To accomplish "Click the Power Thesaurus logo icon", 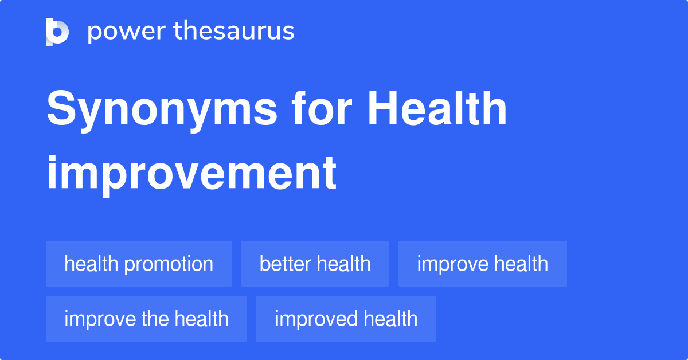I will [x=57, y=32].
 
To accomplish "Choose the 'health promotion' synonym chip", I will [x=139, y=264].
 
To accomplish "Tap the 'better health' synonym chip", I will [x=315, y=264].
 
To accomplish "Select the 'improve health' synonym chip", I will [x=482, y=264].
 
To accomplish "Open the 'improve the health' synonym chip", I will [x=146, y=319].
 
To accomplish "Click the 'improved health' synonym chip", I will [x=346, y=319].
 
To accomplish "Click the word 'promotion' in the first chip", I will [x=169, y=264].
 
